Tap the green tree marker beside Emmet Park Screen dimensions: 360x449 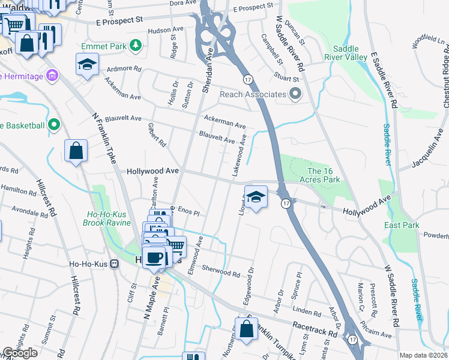136,46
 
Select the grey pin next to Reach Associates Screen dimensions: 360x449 295,94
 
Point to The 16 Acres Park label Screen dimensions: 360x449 324,175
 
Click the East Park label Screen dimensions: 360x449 402,225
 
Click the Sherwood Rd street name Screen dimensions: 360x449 220,271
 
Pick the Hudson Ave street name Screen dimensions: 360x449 165,29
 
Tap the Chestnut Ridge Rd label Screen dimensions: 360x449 445,84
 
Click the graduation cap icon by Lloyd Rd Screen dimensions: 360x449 256,198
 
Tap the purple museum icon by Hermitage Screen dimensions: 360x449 52,76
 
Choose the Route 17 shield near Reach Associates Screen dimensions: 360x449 247,79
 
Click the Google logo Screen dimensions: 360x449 20,353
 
